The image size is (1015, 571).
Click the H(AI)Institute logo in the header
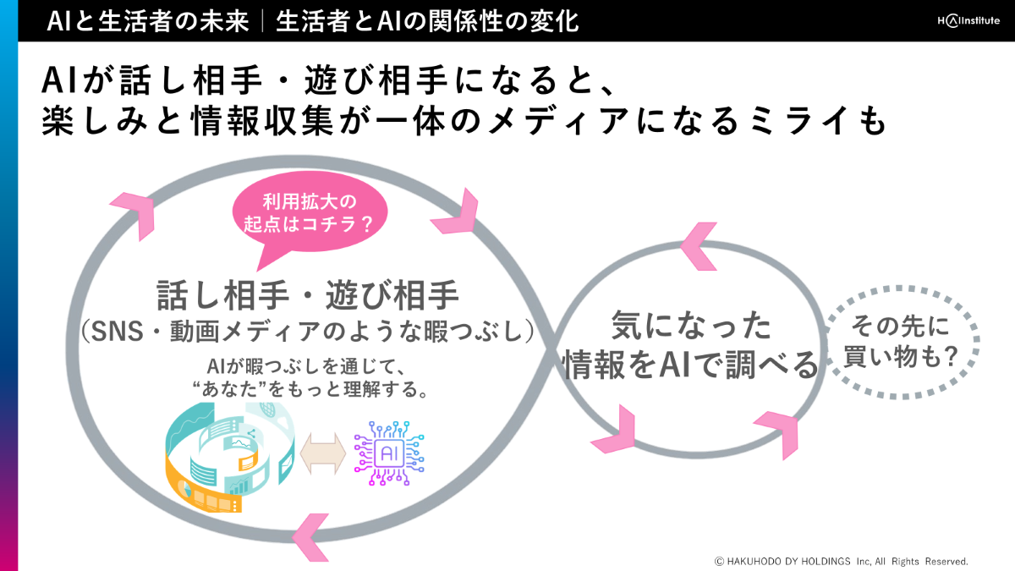click(958, 20)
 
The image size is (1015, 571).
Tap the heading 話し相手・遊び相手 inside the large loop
click(308, 296)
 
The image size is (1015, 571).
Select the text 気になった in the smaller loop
click(691, 325)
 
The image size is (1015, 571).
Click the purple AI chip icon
click(389, 453)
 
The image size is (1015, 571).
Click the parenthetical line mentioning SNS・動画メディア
click(308, 332)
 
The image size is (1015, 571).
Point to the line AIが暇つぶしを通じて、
click(308, 367)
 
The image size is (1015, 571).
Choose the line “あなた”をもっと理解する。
click(308, 390)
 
